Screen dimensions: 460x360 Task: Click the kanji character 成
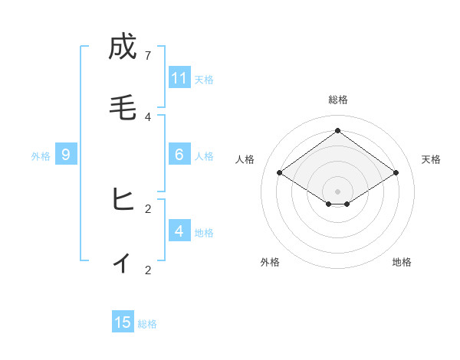(123, 47)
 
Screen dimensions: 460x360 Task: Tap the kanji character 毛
(123, 108)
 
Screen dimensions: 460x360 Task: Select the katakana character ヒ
(123, 200)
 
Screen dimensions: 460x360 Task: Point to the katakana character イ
(123, 262)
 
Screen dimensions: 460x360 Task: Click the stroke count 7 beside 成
(148, 55)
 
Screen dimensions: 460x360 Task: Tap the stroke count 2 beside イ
(148, 270)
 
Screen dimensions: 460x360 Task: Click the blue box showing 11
(179, 78)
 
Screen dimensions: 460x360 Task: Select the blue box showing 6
(179, 155)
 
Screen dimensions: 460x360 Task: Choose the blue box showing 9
(66, 155)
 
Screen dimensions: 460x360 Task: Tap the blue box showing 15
(123, 322)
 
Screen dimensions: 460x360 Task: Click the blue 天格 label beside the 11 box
(204, 79)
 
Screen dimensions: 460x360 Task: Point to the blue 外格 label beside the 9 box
(41, 156)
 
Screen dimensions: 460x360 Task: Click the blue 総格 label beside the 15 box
(147, 324)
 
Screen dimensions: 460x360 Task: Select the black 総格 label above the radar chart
(337, 100)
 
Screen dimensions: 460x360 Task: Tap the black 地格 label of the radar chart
(402, 262)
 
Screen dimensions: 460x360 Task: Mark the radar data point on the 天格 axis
(396, 173)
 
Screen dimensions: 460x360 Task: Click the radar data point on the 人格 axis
(279, 173)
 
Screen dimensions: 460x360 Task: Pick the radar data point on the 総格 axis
(337, 130)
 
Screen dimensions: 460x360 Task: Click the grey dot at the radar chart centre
(337, 191)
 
